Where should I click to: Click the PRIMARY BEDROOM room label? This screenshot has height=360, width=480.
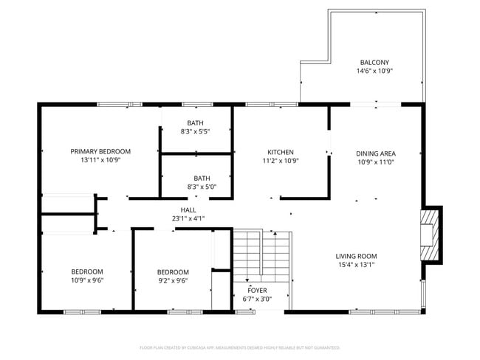tap(100, 150)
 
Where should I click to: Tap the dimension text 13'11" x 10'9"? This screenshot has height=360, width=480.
tap(100, 159)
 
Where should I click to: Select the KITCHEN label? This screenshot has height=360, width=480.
tap(281, 150)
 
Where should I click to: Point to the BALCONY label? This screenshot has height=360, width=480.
tap(374, 63)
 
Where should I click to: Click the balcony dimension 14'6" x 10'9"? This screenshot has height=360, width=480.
tap(374, 72)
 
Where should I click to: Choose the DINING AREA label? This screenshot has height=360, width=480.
tap(376, 153)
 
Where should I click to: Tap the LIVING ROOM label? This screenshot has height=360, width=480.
tap(357, 256)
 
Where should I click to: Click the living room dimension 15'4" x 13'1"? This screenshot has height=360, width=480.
tap(357, 265)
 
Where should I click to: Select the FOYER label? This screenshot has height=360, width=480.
tap(257, 290)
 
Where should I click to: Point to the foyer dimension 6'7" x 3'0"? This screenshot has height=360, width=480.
tap(257, 299)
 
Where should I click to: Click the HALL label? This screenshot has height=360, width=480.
tap(188, 210)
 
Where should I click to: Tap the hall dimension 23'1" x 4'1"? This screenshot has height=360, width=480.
tap(188, 218)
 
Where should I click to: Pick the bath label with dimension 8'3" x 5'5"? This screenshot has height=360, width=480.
tap(195, 122)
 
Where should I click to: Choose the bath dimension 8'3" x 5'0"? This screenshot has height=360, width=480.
tap(202, 187)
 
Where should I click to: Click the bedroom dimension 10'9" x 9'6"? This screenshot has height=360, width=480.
tap(87, 280)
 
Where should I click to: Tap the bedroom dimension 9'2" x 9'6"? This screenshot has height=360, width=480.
tap(173, 280)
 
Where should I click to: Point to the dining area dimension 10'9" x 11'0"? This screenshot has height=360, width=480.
tap(376, 162)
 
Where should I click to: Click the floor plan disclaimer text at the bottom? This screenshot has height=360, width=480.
tap(239, 347)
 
